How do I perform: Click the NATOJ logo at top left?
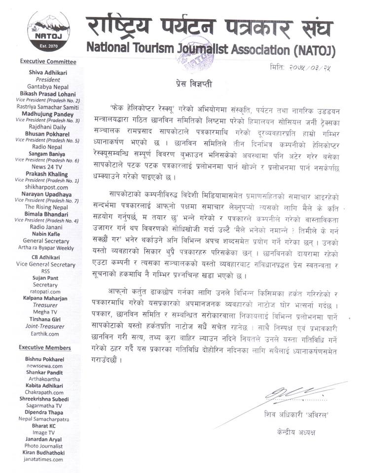click(48, 31)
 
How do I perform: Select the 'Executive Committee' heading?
click(48, 62)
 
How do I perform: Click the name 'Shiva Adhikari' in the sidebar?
click(48, 72)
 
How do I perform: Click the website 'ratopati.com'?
click(48, 291)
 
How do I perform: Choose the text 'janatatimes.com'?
click(47, 459)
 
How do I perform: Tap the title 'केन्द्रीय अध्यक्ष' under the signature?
click(296, 432)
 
